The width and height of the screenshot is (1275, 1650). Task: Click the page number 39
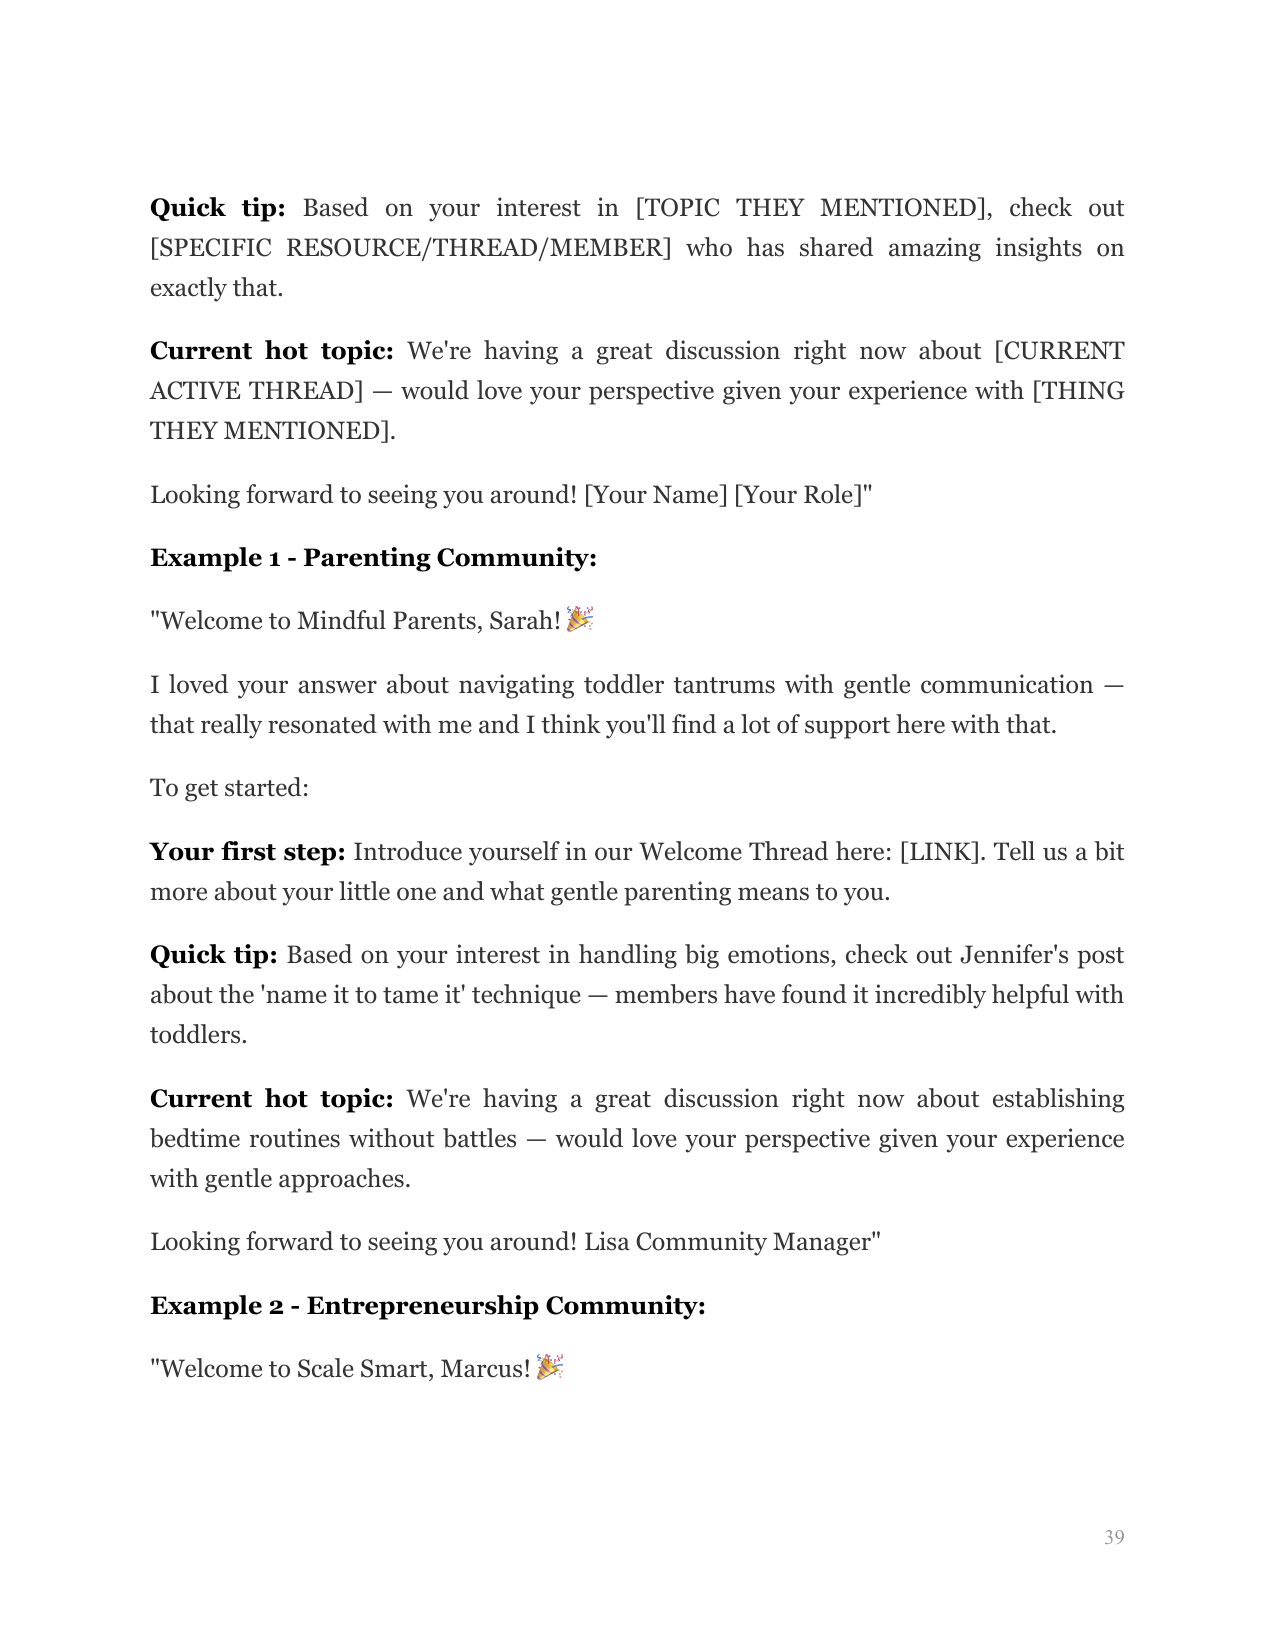pyautogui.click(x=1114, y=1537)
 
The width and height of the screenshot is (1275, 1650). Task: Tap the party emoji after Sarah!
pyautogui.click(x=580, y=619)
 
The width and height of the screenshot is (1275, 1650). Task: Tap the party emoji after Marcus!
pyautogui.click(x=550, y=1367)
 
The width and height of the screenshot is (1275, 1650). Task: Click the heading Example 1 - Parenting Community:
pyautogui.click(x=373, y=558)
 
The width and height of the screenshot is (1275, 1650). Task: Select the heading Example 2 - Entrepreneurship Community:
pyautogui.click(x=428, y=1306)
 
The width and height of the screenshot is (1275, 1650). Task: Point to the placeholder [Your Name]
pyautogui.click(x=655, y=495)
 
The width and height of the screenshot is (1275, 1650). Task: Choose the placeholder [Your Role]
pyautogui.click(x=800, y=495)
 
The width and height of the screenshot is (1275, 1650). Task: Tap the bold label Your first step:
pyautogui.click(x=247, y=852)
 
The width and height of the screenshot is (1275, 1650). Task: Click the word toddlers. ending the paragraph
pyautogui.click(x=198, y=1035)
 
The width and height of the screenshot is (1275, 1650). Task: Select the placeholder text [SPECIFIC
pyautogui.click(x=210, y=248)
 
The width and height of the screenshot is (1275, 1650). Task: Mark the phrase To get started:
pyautogui.click(x=229, y=789)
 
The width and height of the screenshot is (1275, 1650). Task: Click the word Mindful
pyautogui.click(x=341, y=621)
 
